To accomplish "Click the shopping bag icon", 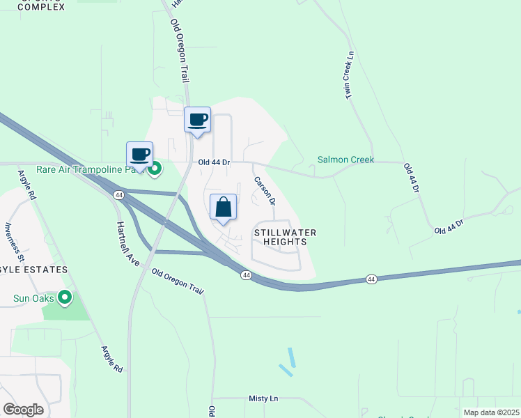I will pos(224,208).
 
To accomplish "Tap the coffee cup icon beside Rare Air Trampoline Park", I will pos(139,155).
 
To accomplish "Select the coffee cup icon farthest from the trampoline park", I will pos(197,120).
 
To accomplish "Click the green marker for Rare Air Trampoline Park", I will pos(156,168).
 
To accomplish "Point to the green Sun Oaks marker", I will pos(65,298).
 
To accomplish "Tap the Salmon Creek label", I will pos(345,160).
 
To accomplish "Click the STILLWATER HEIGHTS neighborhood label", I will pos(280,237).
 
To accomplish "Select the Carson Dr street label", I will pos(265,190).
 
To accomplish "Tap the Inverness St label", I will pos(15,241).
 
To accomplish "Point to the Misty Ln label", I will pos(263,398).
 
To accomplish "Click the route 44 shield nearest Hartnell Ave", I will pos(119,196).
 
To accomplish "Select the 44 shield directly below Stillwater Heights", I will pos(246,275).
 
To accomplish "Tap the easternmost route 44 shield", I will pos(371,279).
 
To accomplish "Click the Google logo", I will pos(23,409).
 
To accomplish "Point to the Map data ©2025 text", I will pos(490,412).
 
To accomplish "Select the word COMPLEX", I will pos(40,7).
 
